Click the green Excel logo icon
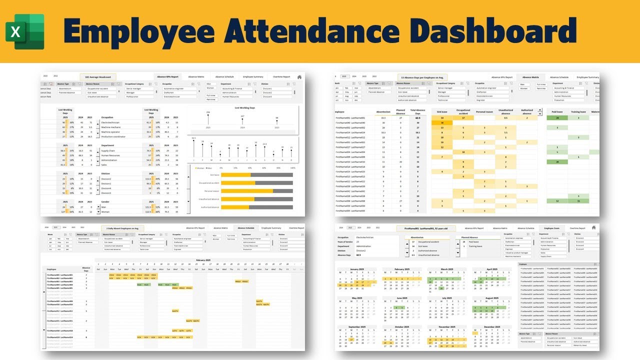(25, 31)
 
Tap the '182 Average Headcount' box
(98, 77)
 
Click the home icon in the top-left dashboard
(299, 77)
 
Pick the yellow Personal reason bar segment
(247, 190)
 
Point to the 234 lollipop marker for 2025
(208, 114)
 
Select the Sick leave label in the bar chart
(214, 174)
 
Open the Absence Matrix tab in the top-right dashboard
(530, 77)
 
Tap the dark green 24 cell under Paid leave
(556, 118)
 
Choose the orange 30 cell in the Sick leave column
(441, 122)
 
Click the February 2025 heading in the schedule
(202, 260)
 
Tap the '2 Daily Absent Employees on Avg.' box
(122, 227)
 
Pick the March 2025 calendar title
(437, 269)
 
